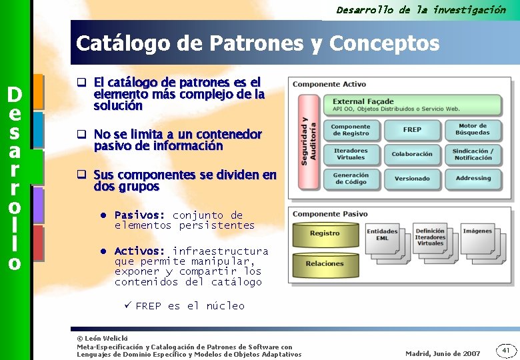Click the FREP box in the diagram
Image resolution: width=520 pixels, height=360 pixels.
point(412,129)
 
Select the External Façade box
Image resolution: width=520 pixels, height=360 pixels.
point(416,105)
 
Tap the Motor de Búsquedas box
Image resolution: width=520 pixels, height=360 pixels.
point(473,129)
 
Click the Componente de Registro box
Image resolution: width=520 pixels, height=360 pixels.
point(351,129)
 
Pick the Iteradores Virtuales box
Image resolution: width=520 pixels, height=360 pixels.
point(351,154)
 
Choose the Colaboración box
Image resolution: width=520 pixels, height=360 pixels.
point(412,154)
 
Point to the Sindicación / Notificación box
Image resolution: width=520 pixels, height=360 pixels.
point(473,154)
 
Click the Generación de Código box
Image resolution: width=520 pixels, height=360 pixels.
point(351,179)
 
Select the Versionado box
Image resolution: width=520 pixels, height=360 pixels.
point(412,179)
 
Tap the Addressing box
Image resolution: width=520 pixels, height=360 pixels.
point(473,179)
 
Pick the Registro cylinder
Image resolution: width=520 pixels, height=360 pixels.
point(325,233)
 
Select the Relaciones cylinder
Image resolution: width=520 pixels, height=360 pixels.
point(325,263)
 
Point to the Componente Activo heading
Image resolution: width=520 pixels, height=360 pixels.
point(329,84)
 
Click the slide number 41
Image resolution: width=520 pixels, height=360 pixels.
point(505,350)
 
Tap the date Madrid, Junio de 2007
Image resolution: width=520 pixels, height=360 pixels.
point(442,353)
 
